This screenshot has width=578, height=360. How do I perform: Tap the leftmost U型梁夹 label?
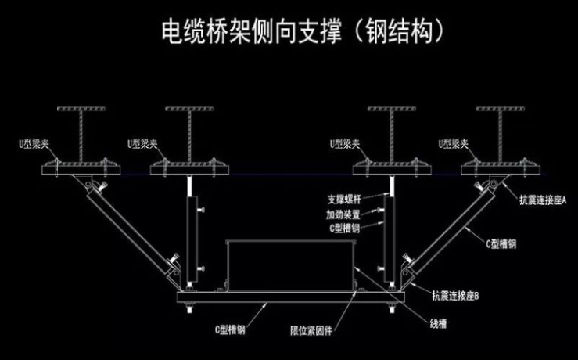35,144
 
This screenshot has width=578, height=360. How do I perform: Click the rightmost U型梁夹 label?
454,144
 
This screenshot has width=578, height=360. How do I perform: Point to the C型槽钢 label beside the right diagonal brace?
501,243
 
